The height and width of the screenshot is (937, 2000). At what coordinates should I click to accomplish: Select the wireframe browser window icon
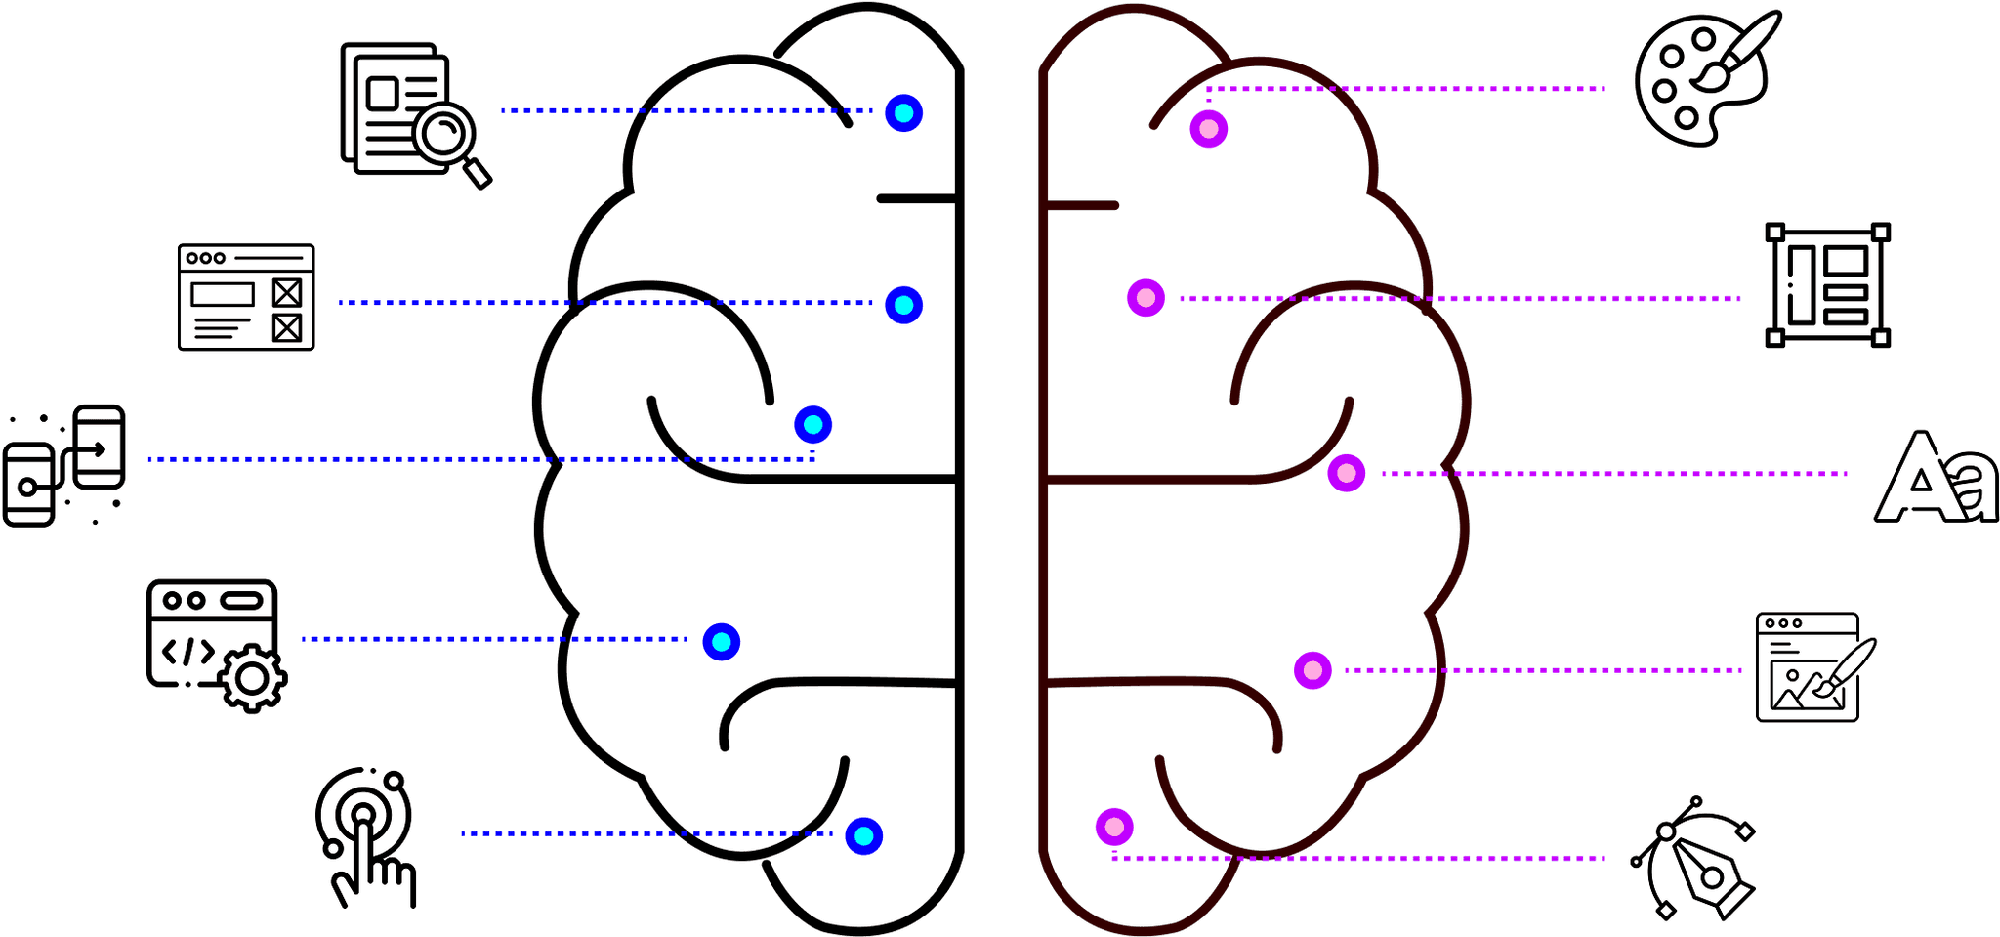[246, 297]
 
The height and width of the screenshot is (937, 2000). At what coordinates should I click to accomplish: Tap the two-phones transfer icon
[64, 465]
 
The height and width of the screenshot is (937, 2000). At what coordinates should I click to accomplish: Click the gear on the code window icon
[253, 678]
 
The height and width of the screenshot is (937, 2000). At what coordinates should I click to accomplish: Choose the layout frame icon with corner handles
[1827, 284]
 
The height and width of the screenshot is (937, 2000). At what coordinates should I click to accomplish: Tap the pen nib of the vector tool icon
[1711, 874]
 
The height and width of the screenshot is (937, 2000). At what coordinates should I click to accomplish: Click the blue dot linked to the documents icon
[904, 113]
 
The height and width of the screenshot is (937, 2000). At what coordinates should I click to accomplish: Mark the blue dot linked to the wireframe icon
[904, 305]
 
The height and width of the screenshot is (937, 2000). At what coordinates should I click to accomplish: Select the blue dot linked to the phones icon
[813, 425]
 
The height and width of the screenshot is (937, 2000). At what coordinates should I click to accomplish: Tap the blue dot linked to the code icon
[722, 642]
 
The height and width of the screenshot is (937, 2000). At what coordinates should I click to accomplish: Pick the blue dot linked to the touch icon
[864, 836]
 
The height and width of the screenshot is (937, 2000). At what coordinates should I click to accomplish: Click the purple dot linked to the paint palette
[1209, 129]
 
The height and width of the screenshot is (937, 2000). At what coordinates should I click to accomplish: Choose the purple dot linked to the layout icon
[1146, 297]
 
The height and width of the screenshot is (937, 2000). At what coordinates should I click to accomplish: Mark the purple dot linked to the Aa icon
[1347, 474]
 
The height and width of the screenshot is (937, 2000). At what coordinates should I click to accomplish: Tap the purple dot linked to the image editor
[1313, 671]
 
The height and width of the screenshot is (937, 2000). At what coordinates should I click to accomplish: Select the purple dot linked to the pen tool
[1114, 828]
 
